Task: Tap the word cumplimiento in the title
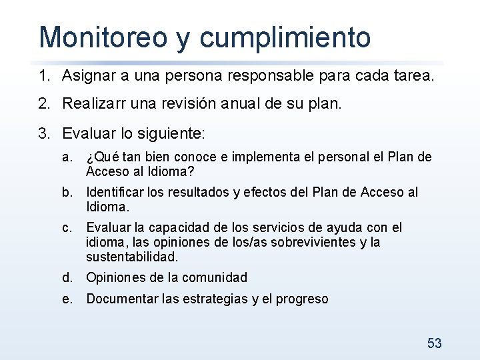click(285, 39)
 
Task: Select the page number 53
click(434, 343)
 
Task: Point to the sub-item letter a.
click(66, 157)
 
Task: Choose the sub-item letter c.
click(66, 227)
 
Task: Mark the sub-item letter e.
click(66, 299)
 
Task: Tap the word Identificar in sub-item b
click(114, 193)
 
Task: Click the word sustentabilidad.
click(132, 257)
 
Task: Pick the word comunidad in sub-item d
click(213, 277)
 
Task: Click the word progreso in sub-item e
click(302, 299)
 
